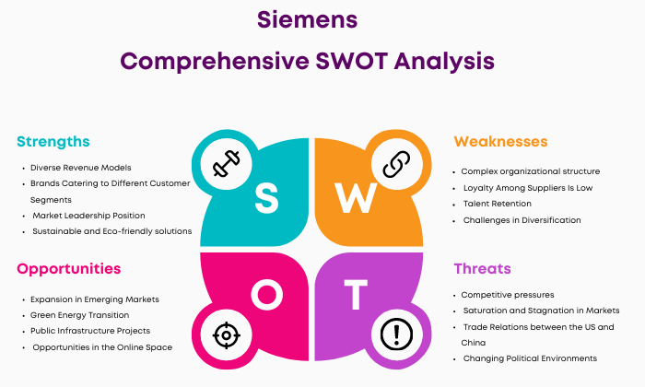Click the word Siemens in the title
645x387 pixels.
click(307, 19)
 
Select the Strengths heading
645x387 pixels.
click(53, 142)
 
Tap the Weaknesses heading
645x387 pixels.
click(500, 142)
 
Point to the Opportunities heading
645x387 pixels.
click(69, 269)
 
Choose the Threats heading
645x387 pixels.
click(482, 268)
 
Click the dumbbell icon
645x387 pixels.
click(227, 163)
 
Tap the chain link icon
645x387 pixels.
click(396, 164)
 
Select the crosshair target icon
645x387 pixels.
click(227, 335)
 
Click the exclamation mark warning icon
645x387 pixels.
click(396, 334)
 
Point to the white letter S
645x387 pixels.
click(266, 198)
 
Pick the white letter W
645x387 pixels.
click(356, 198)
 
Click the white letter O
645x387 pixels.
click(267, 295)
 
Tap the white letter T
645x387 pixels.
click(356, 295)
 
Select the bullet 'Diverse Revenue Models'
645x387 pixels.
click(81, 168)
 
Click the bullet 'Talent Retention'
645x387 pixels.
click(498, 204)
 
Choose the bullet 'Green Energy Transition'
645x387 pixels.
click(80, 315)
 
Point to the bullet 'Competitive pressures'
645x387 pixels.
click(508, 295)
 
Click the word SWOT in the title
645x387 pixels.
click(351, 61)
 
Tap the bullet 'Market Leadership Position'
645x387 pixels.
click(88, 216)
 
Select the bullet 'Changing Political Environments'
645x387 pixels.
click(530, 358)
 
